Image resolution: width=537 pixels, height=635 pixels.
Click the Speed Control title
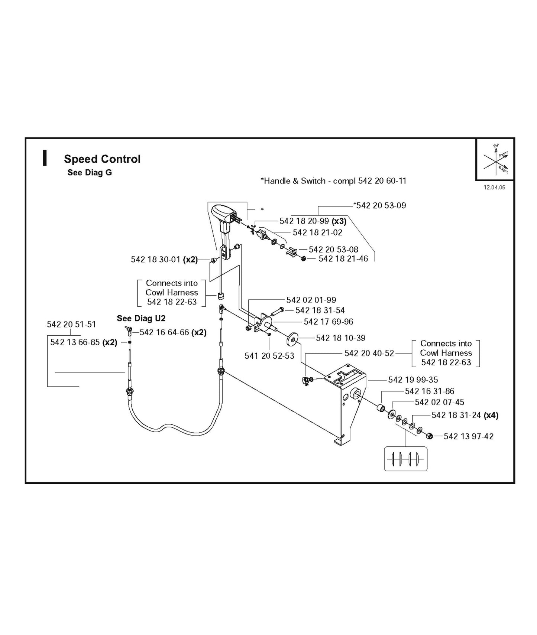pyautogui.click(x=102, y=159)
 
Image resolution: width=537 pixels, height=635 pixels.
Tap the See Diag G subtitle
pyautogui.click(x=90, y=173)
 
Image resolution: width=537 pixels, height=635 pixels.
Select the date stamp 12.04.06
pyautogui.click(x=494, y=188)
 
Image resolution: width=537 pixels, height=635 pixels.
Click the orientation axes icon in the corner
pyautogui.click(x=495, y=159)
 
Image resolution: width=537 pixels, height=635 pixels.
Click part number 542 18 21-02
pyautogui.click(x=317, y=232)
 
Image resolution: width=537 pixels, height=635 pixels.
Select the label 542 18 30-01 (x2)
pyautogui.click(x=164, y=260)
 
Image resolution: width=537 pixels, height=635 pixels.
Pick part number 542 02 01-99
pyautogui.click(x=311, y=300)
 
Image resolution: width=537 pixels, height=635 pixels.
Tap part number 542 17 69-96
pyautogui.click(x=329, y=322)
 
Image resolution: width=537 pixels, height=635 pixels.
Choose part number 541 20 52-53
pyautogui.click(x=269, y=356)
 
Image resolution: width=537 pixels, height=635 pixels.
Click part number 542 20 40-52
pyautogui.click(x=369, y=353)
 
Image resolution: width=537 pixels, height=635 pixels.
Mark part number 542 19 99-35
pyautogui.click(x=413, y=380)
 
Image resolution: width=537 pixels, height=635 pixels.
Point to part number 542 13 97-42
pyautogui.click(x=469, y=437)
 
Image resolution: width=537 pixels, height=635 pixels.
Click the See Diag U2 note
pyautogui.click(x=141, y=318)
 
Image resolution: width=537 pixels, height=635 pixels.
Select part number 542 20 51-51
pyautogui.click(x=71, y=324)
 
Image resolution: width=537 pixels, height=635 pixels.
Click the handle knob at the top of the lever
pyautogui.click(x=222, y=214)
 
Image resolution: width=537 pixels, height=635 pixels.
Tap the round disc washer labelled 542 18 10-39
pyautogui.click(x=293, y=339)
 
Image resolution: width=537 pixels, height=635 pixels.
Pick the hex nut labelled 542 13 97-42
pyautogui.click(x=429, y=436)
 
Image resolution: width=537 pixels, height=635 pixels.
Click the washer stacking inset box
pyautogui.click(x=405, y=459)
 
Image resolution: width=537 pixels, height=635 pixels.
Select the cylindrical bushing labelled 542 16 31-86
pyautogui.click(x=381, y=409)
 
